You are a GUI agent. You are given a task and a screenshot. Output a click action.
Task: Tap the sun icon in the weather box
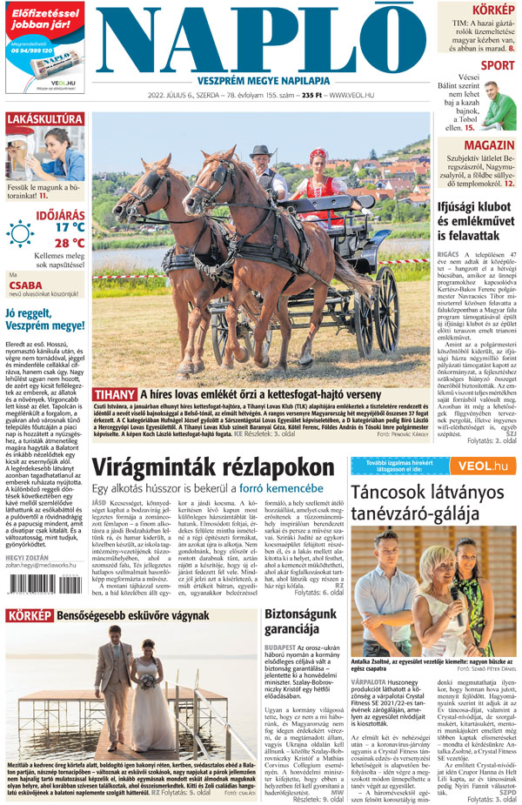(19, 233)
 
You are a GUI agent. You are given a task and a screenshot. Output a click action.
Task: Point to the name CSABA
(26, 285)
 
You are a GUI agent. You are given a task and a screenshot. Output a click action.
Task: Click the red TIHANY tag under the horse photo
(113, 395)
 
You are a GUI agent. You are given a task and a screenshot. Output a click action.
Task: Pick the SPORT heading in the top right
(497, 65)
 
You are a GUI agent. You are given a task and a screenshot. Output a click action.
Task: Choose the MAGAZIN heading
(489, 144)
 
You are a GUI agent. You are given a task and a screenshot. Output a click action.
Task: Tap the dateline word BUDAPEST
(284, 648)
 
